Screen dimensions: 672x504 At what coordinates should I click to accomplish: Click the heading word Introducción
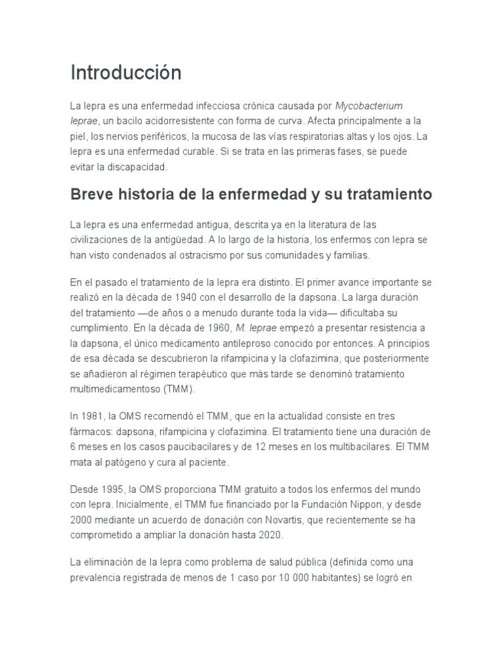(125, 73)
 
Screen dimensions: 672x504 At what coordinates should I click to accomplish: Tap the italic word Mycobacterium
(369, 106)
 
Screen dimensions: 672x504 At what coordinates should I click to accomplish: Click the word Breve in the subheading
(91, 195)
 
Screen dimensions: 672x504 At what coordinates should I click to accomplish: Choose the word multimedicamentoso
(113, 389)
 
